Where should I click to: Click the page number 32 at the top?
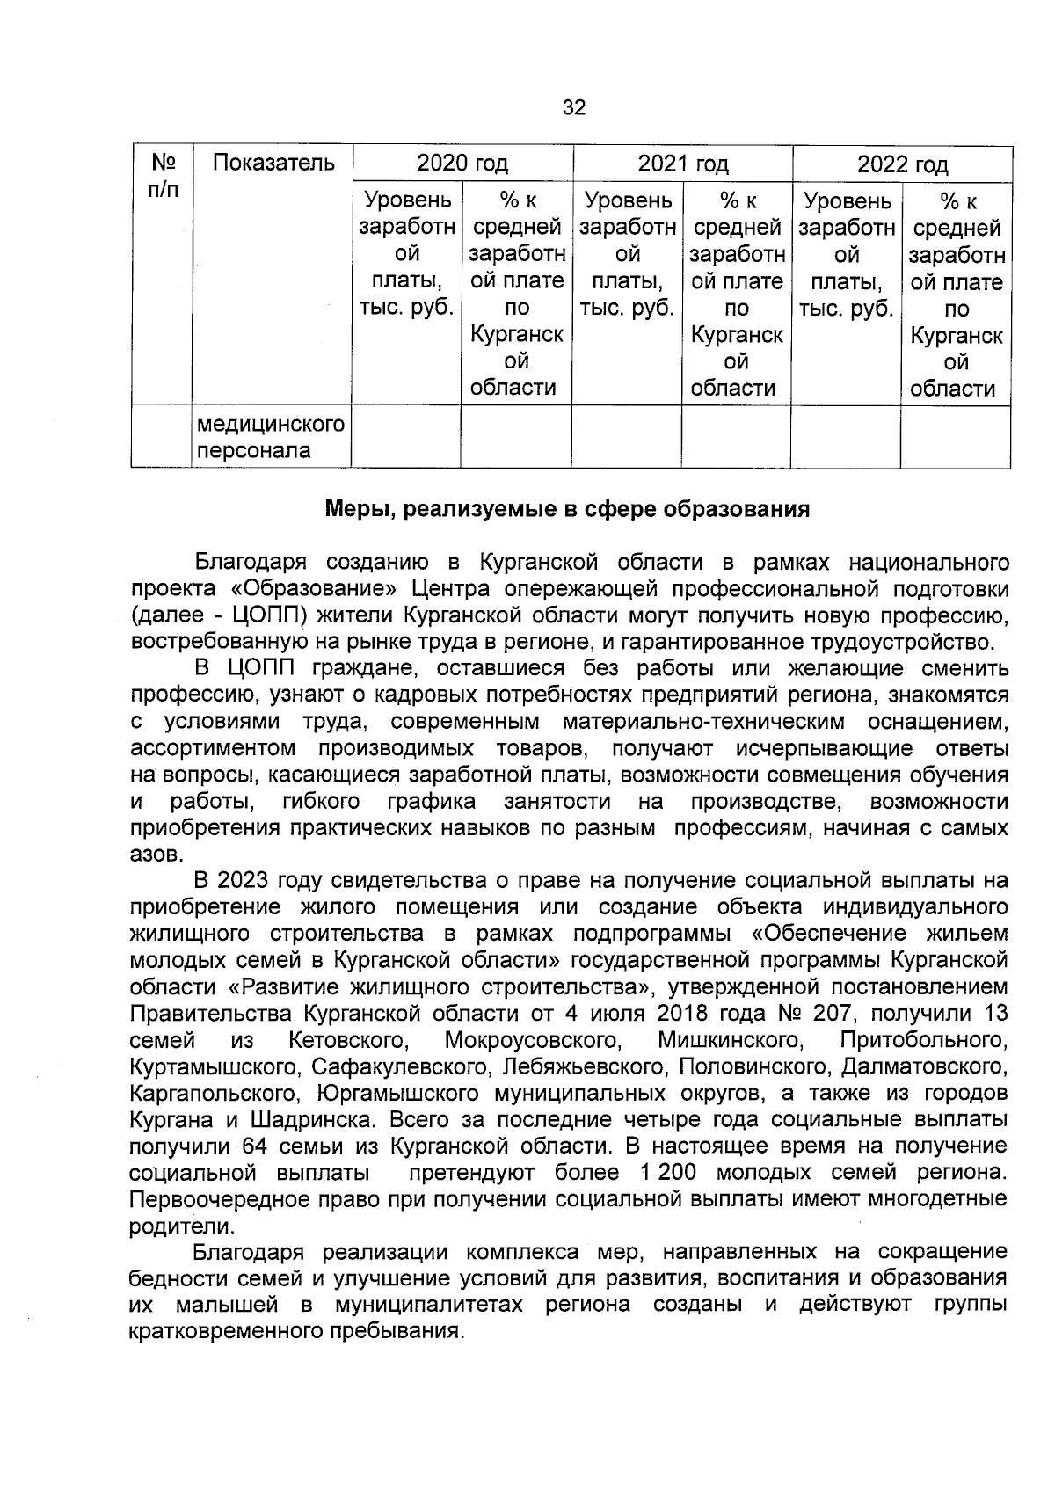[x=573, y=107]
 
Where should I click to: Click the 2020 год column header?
[x=462, y=164]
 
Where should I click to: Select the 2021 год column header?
[x=682, y=164]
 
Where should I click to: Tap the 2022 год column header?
[x=902, y=164]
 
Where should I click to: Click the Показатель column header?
[x=273, y=163]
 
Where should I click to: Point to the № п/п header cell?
[x=163, y=176]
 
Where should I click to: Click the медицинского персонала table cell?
[x=270, y=438]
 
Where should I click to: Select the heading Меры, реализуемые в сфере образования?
[x=568, y=509]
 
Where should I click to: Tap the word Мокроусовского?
[x=534, y=1040]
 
